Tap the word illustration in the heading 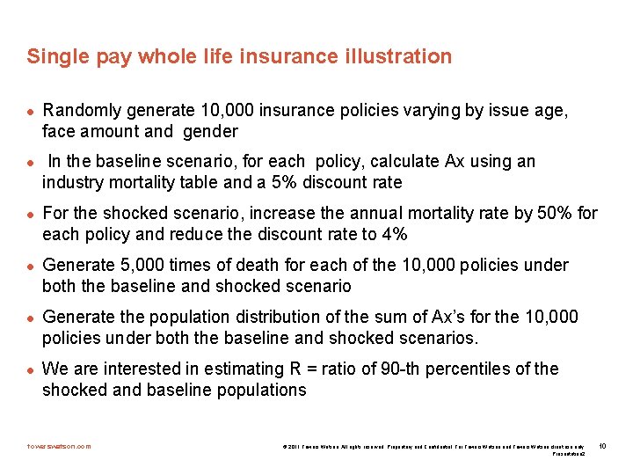[x=401, y=57]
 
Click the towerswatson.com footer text [x=59, y=446]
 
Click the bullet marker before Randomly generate [x=30, y=112]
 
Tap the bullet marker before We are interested [x=30, y=370]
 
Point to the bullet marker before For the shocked [x=30, y=215]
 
